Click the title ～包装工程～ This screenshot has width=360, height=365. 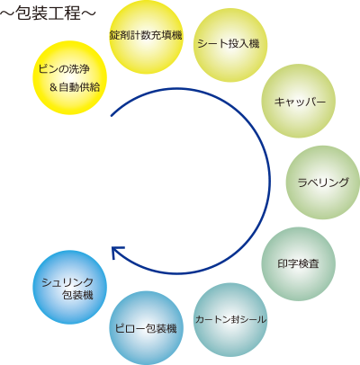(48, 13)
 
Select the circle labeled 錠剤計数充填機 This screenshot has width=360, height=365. (146, 37)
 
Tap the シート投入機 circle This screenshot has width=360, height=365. (230, 45)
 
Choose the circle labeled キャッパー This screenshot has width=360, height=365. (299, 101)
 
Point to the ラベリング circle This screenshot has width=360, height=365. (323, 182)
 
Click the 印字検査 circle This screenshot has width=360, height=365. (299, 263)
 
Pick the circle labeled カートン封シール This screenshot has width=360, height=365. (230, 320)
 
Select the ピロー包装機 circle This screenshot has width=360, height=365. (146, 328)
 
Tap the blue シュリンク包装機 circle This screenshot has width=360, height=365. (69, 287)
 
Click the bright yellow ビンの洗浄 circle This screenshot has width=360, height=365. (69, 77)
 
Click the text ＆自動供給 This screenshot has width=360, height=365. (75, 87)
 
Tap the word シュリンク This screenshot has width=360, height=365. (67, 282)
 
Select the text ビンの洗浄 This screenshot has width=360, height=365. (64, 69)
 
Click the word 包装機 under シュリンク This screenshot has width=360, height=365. (77, 295)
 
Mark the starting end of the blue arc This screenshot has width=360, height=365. (112, 115)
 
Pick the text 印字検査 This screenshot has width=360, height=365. (298, 263)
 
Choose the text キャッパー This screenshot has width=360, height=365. (300, 102)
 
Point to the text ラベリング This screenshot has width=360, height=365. (323, 182)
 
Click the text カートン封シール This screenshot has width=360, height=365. (230, 319)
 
